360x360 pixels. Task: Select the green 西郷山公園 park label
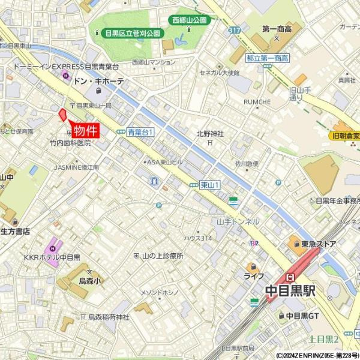189,20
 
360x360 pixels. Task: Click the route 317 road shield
234,29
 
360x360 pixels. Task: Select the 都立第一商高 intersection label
268,58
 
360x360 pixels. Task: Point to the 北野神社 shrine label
209,134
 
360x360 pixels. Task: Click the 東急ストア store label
319,244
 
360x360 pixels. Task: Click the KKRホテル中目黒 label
52,257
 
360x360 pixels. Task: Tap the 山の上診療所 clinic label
162,256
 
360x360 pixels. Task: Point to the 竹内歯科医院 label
70,143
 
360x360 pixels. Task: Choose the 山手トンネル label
238,221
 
